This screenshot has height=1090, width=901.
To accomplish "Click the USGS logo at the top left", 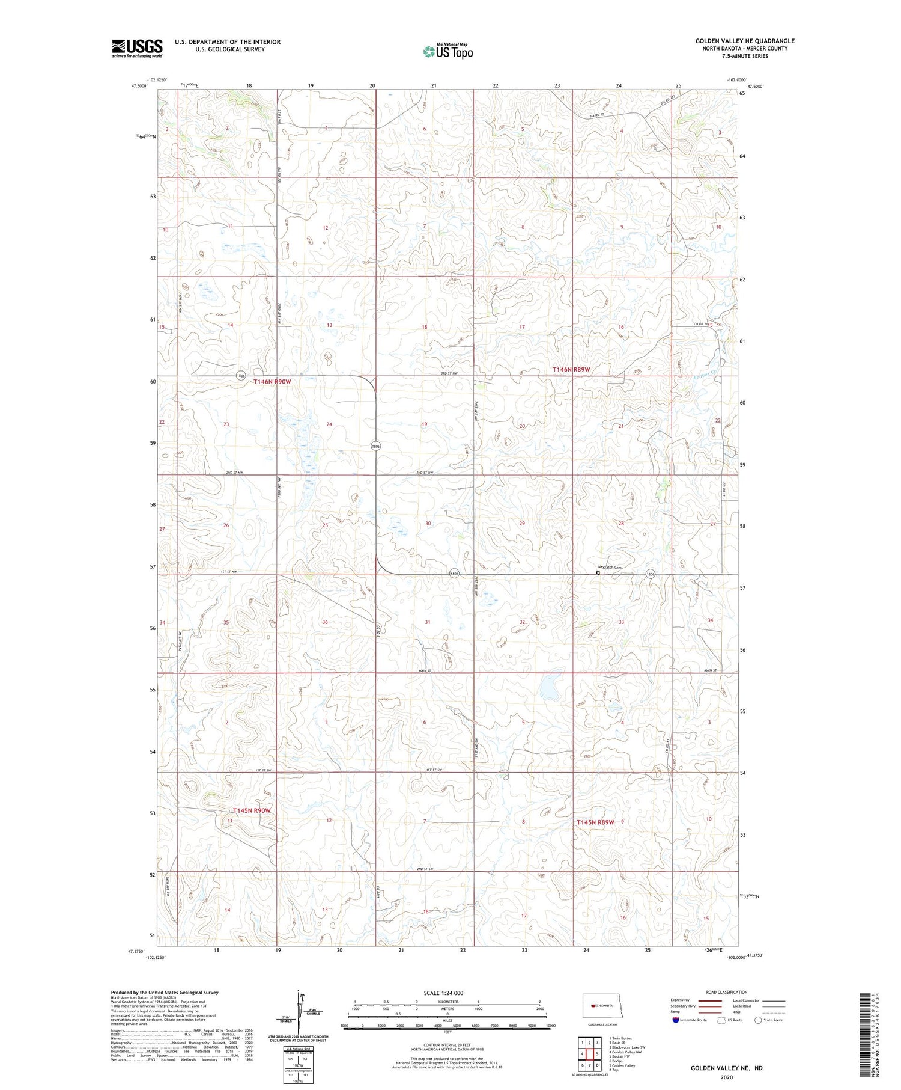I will pos(137,48).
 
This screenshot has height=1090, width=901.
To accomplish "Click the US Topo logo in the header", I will pos(447,52).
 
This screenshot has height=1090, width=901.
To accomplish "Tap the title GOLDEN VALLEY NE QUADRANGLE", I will pos(744,41).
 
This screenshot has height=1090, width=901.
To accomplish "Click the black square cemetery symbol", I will pos(598,573).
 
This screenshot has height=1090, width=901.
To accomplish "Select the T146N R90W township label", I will pos(272,382).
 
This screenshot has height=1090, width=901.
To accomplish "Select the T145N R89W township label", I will pos(595,822).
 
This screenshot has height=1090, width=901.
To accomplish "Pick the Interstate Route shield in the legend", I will pos(676,1020).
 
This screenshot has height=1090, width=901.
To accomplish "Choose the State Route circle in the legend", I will pos(758,1020).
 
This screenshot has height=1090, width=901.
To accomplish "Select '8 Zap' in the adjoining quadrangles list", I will pos(613,1070).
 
